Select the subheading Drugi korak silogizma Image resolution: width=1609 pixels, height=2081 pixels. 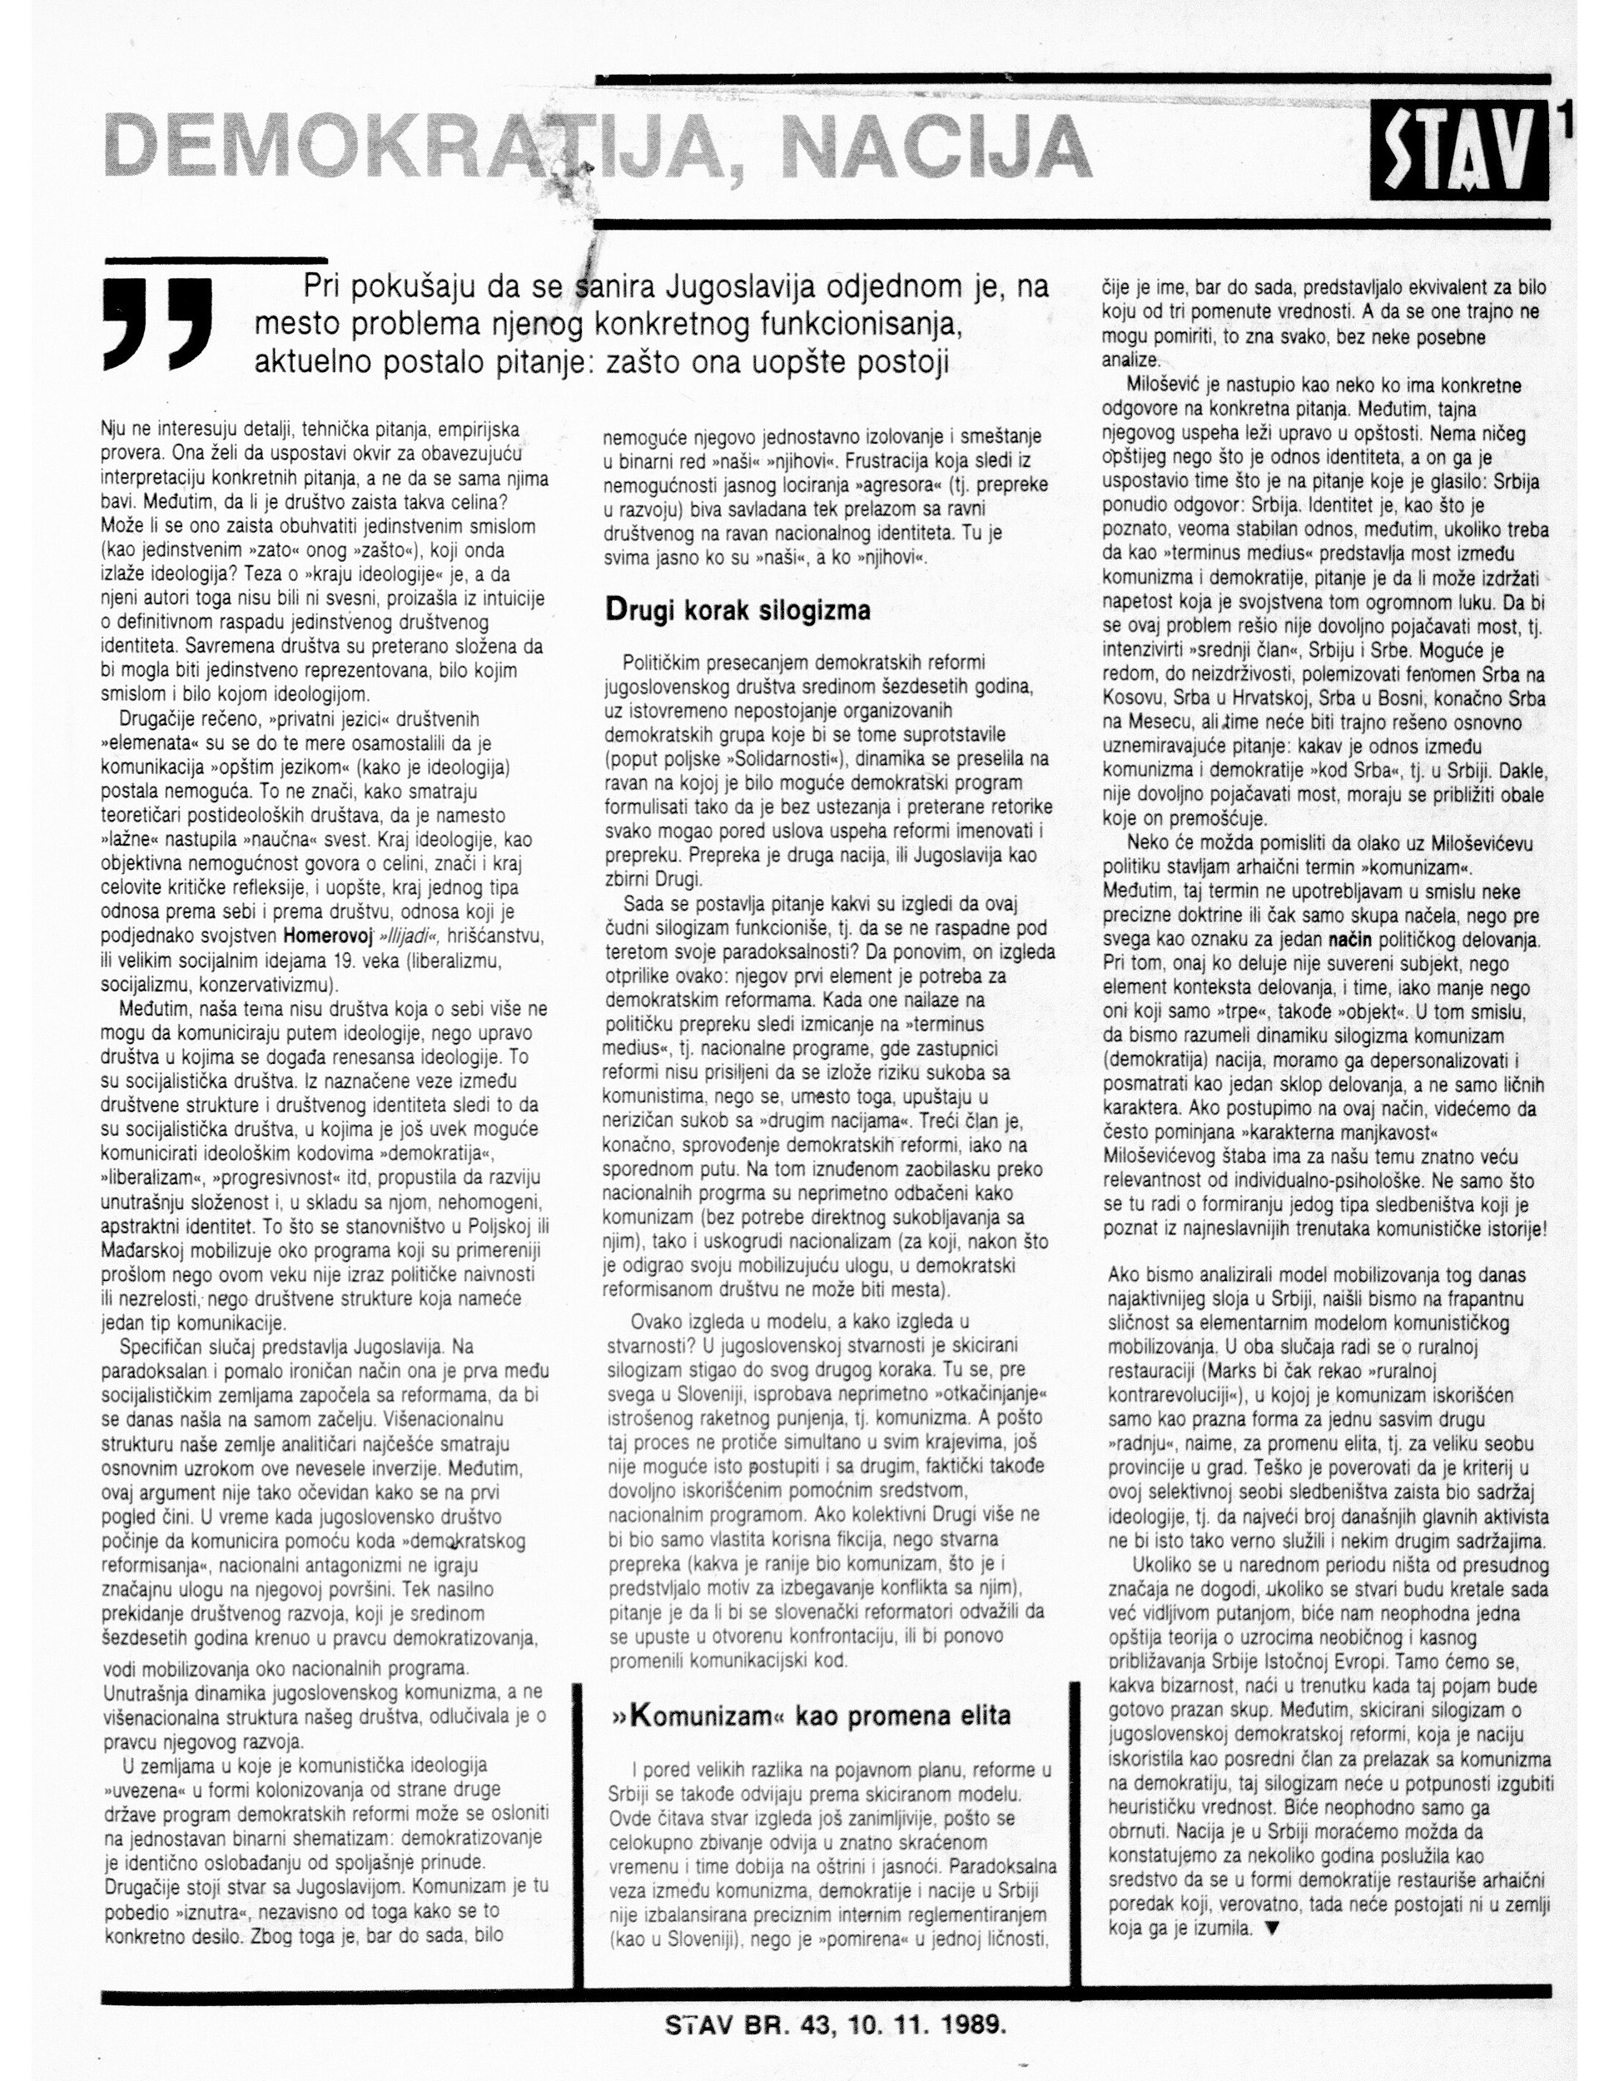[x=738, y=610]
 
